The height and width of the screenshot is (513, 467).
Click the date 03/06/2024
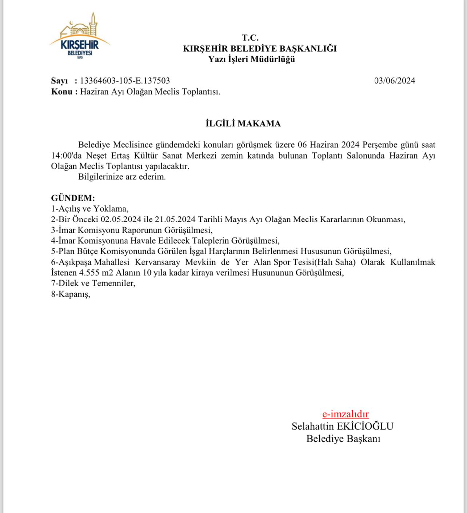click(x=395, y=81)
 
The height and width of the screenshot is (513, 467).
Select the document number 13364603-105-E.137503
click(x=125, y=81)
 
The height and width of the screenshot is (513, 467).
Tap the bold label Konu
click(x=62, y=92)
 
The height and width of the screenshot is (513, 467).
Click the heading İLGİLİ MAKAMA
click(x=243, y=124)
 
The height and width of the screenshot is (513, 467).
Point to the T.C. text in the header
click(x=250, y=37)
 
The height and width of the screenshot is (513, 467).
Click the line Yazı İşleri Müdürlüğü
click(x=251, y=59)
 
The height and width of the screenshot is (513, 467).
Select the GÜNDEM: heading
click(x=73, y=198)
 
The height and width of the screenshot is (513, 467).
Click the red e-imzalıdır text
click(x=345, y=414)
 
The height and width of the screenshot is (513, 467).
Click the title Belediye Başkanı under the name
click(x=343, y=438)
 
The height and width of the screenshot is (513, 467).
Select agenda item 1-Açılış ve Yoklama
click(x=90, y=209)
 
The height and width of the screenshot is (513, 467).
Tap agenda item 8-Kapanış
click(x=71, y=294)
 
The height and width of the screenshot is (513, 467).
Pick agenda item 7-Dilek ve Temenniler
click(x=93, y=283)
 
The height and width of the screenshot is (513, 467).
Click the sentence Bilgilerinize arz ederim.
click(x=122, y=177)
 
